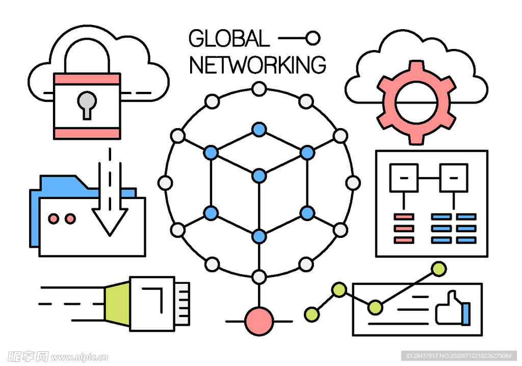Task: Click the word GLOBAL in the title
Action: (x=229, y=38)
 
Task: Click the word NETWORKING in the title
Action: (x=257, y=65)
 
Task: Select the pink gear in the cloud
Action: (x=416, y=102)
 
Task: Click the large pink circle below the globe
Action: (x=259, y=321)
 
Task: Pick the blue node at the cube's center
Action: (x=259, y=176)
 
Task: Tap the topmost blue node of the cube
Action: (x=259, y=129)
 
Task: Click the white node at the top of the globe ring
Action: (x=259, y=89)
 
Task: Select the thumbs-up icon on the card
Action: (x=453, y=308)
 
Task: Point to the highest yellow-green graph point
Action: (x=439, y=269)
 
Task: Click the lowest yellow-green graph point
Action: (x=312, y=314)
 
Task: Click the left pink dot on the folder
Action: (x=54, y=218)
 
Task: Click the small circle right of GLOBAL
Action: (x=313, y=38)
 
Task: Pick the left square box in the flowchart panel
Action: (x=404, y=178)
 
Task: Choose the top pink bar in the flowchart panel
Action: (x=404, y=216)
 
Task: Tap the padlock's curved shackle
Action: (x=87, y=55)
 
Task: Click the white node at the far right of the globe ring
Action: (x=353, y=183)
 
